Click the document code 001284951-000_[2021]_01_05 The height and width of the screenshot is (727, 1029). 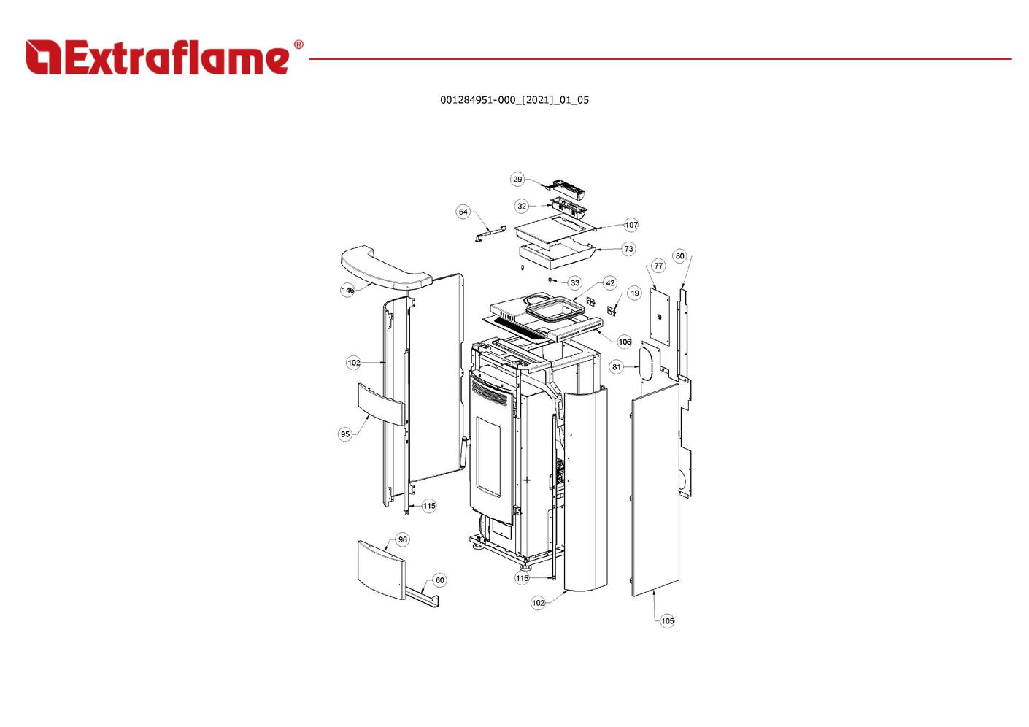[514, 100]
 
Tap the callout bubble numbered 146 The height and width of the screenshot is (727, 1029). [348, 290]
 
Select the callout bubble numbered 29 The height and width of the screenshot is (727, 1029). [517, 180]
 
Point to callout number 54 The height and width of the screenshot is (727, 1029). [463, 212]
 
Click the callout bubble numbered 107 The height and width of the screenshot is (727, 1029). [631, 225]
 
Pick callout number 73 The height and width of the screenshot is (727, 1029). [629, 249]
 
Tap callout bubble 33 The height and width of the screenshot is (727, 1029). [575, 282]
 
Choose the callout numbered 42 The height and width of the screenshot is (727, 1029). [610, 282]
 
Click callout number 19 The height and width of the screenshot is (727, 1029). [634, 293]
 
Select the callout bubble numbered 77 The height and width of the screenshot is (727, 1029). [659, 266]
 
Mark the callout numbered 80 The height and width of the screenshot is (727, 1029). [680, 256]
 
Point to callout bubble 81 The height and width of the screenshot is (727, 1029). [616, 366]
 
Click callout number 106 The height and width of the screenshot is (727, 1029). [625, 342]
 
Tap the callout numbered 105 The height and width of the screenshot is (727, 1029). [667, 621]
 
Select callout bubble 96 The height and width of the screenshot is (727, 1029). [402, 539]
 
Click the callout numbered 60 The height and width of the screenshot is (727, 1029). [439, 580]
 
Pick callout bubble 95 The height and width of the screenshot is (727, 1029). [345, 434]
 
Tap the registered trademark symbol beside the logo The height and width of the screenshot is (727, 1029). [298, 45]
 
